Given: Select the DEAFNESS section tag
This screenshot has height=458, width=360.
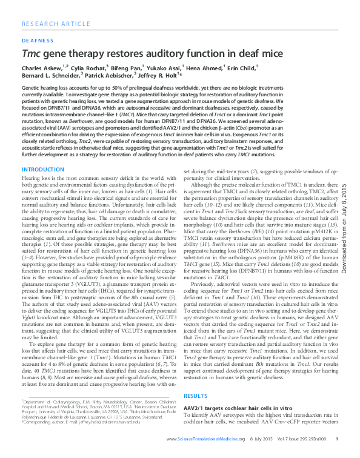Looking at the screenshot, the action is [x=38, y=42].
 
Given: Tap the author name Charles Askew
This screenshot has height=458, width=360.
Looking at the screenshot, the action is [x=41, y=68].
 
